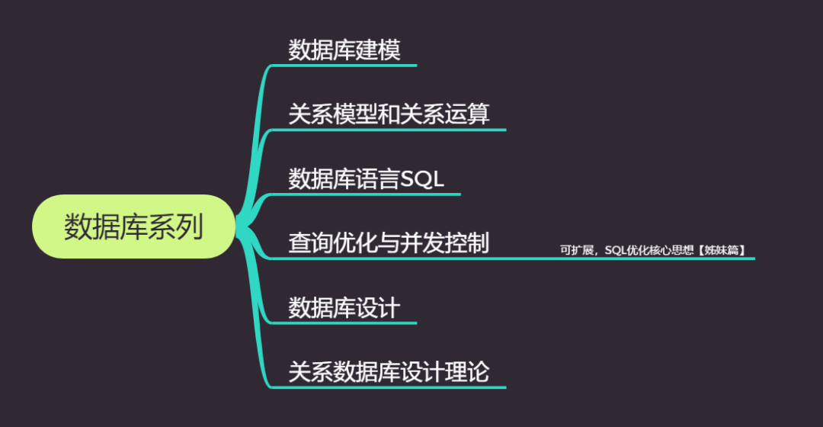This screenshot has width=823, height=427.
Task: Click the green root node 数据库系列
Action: (x=134, y=226)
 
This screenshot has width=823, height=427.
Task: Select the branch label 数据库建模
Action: (x=344, y=50)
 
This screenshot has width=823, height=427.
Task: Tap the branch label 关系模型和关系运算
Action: (x=389, y=114)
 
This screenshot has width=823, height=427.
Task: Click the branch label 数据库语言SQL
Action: (x=366, y=178)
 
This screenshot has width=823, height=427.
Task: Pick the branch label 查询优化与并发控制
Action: (x=389, y=242)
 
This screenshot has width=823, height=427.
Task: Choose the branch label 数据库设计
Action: (x=344, y=307)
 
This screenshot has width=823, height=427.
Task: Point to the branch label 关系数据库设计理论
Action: (x=389, y=372)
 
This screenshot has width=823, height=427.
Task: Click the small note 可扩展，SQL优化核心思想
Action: (x=626, y=250)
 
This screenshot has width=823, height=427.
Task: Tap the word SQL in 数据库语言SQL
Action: (x=422, y=178)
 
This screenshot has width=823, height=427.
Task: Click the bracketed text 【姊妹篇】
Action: (x=721, y=250)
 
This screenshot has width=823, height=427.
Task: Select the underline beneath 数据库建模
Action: (x=344, y=66)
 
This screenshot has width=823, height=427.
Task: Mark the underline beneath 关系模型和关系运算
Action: (x=389, y=130)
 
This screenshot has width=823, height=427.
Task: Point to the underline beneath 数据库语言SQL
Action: (x=366, y=194)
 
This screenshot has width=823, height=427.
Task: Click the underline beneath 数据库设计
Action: (x=344, y=323)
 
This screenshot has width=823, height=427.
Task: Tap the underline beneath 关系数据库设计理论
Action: (x=389, y=387)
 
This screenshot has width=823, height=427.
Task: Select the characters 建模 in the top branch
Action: (x=378, y=50)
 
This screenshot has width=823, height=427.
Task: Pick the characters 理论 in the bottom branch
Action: (x=467, y=372)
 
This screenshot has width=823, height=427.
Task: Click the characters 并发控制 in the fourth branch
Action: (x=444, y=242)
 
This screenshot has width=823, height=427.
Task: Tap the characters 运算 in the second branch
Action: (x=467, y=114)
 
